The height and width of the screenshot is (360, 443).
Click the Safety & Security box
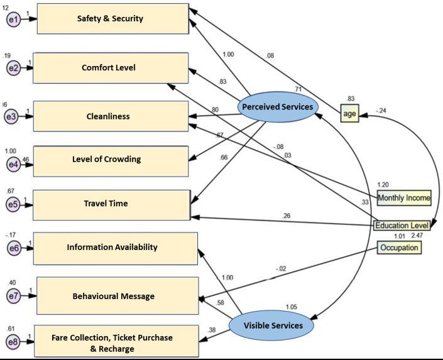112,19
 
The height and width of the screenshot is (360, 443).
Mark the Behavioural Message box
117,296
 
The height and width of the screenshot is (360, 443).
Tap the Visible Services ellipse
271,325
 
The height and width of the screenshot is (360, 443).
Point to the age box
349,113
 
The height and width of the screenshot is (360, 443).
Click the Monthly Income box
404,198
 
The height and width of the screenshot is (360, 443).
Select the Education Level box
402,225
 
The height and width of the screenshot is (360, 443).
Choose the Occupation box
399,248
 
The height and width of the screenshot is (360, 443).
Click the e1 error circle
13,20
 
